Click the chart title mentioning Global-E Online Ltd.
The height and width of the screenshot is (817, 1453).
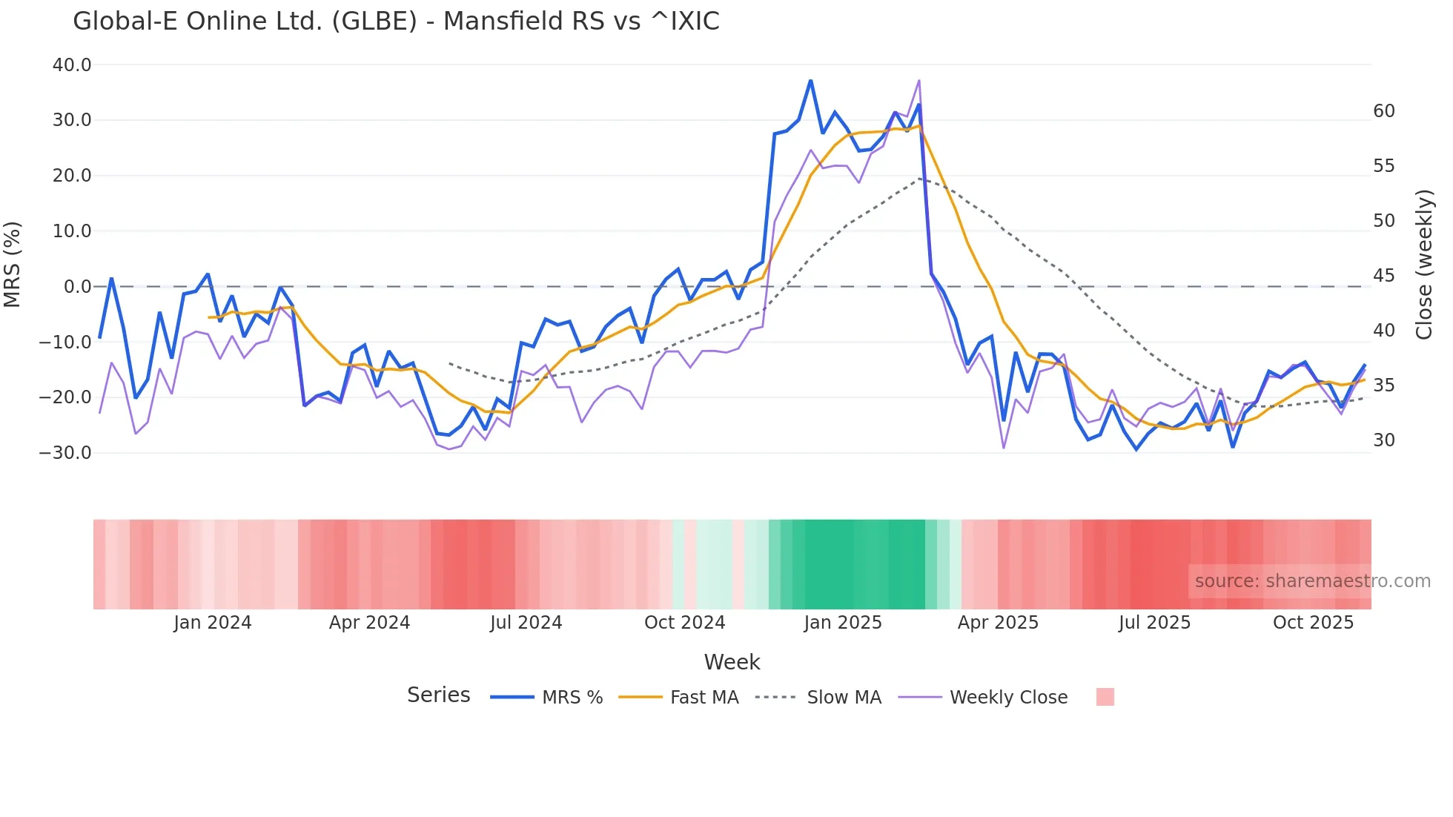coord(396,21)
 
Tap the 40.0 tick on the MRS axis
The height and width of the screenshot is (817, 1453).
coord(72,65)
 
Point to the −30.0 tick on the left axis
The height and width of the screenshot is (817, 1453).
coord(65,452)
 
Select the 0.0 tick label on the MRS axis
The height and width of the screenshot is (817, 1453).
coord(77,286)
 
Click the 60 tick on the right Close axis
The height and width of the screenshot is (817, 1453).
coord(1383,111)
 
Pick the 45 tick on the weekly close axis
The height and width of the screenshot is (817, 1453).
coord(1383,276)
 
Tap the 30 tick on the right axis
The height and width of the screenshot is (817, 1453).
coord(1383,440)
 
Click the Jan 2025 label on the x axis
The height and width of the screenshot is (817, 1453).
coord(843,623)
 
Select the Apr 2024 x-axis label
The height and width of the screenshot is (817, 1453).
coord(369,623)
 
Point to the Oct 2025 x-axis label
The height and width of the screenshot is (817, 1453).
coord(1313,623)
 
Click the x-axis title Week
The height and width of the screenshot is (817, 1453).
coord(732,662)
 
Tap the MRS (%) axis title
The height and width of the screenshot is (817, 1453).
coord(13,264)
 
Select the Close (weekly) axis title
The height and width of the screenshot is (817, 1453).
coord(1424,264)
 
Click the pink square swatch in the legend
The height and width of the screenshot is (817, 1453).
coord(1105,697)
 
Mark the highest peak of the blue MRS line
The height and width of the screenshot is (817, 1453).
coord(810,81)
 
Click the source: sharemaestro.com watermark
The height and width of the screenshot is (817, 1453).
coord(1312,581)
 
